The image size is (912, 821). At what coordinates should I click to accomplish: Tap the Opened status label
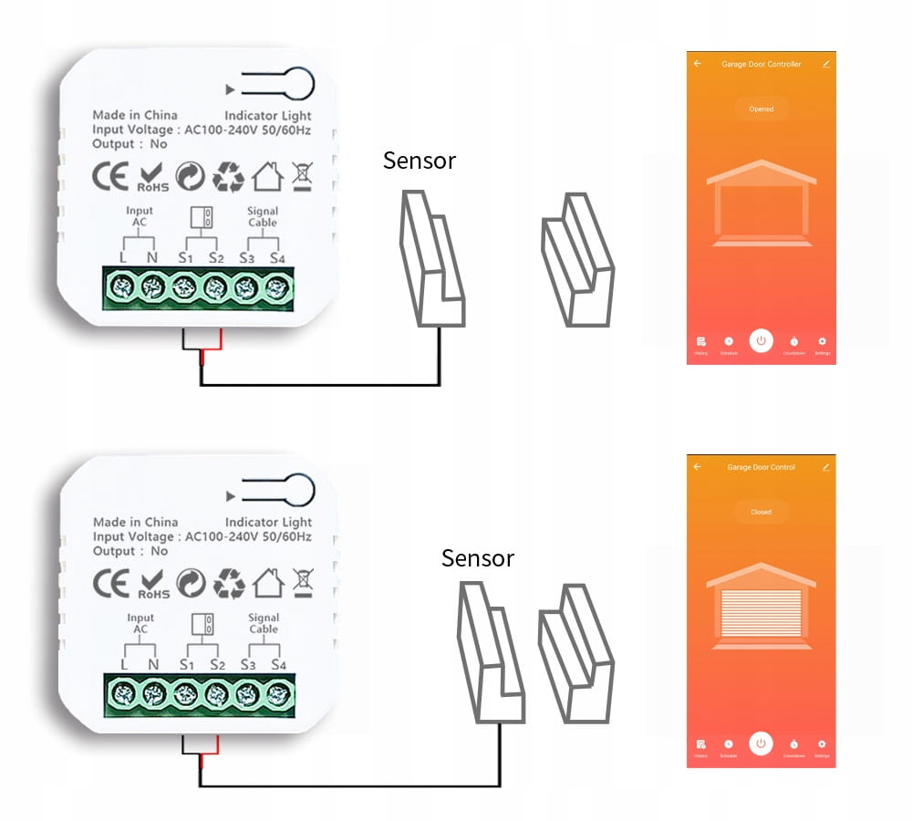pyautogui.click(x=761, y=109)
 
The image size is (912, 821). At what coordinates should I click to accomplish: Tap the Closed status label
pyautogui.click(x=761, y=513)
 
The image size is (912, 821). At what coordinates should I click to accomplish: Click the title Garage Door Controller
pyautogui.click(x=761, y=65)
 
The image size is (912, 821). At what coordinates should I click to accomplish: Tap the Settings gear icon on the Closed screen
pyautogui.click(x=822, y=744)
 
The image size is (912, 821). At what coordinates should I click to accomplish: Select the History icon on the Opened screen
pyautogui.click(x=700, y=341)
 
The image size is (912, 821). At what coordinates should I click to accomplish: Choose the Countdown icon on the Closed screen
pyautogui.click(x=794, y=744)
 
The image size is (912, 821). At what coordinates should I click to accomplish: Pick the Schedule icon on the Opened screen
pyautogui.click(x=729, y=341)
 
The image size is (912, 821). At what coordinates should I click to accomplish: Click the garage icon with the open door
pyautogui.click(x=762, y=204)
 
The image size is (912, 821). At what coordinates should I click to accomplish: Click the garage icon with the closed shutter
pyautogui.click(x=762, y=606)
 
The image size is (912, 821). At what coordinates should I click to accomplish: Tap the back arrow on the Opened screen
pyautogui.click(x=698, y=64)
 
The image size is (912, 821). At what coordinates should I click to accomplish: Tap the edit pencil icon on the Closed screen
pyautogui.click(x=825, y=467)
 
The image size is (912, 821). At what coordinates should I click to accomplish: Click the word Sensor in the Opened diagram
pyautogui.click(x=420, y=161)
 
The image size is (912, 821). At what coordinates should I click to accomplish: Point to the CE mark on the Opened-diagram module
pyautogui.click(x=111, y=176)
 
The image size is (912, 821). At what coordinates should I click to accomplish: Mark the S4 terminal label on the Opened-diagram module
pyautogui.click(x=277, y=257)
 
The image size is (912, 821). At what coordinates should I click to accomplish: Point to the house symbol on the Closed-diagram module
pyautogui.click(x=268, y=582)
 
